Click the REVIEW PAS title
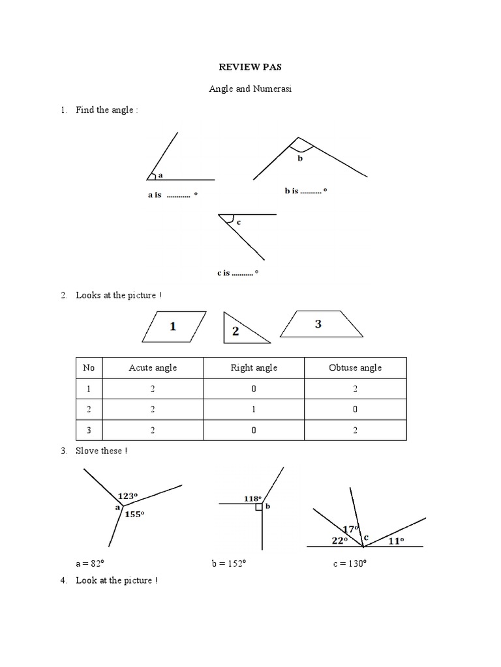pos(250,67)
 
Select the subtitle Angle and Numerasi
pos(250,89)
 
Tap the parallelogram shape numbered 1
pos(174,326)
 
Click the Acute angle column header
pos(153,367)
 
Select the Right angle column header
pos(254,367)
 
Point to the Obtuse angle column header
pos(355,367)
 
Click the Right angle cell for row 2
pos(254,409)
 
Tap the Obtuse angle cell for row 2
pos(355,409)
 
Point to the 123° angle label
pos(127,496)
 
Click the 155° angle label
pos(133,514)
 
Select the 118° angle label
pos(252,498)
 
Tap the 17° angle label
pos(351,529)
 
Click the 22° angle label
pos(339,541)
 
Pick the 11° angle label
pos(396,541)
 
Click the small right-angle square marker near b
pos(259,507)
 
